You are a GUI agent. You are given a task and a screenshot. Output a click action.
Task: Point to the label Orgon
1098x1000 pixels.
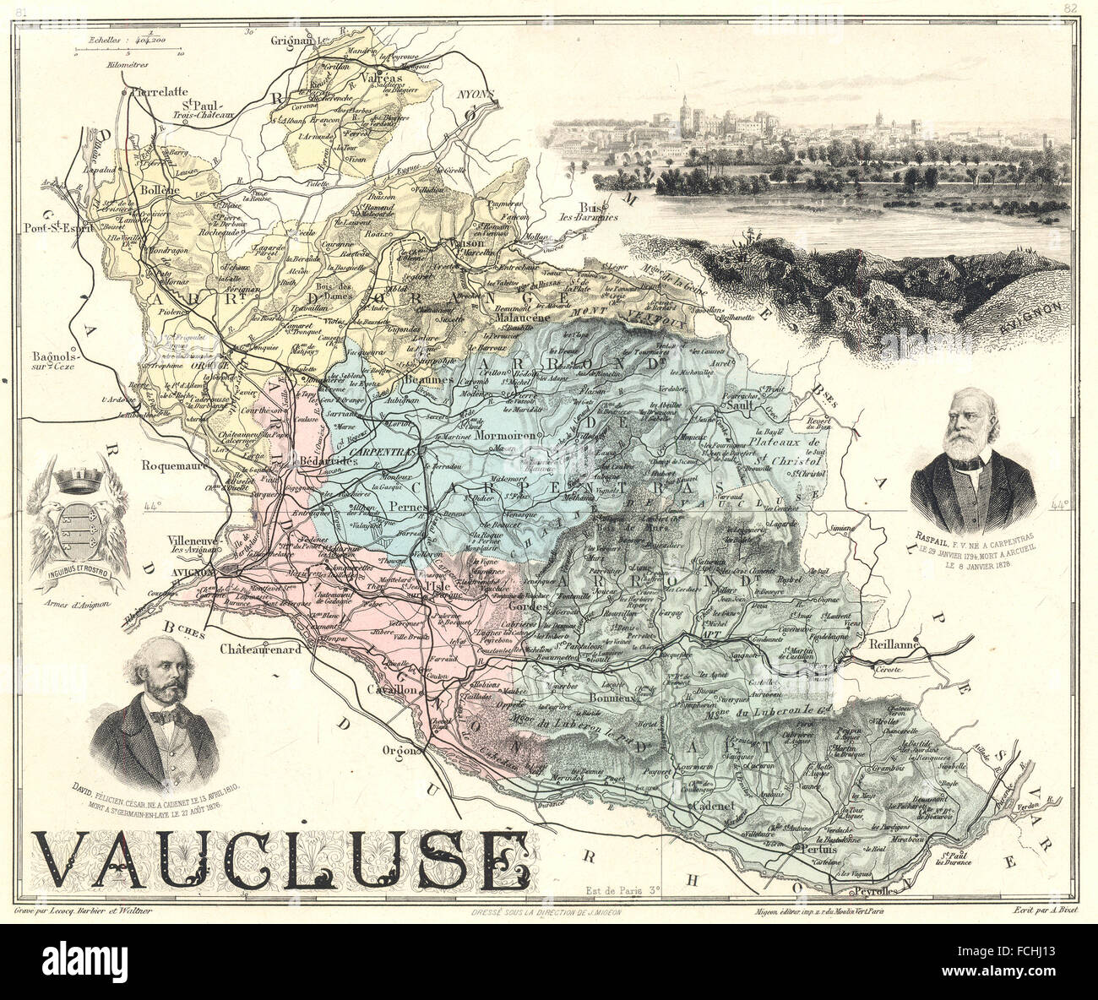[397, 750]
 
